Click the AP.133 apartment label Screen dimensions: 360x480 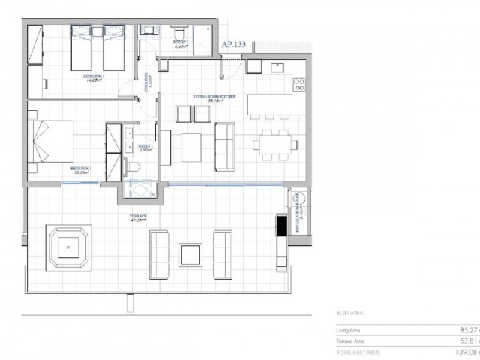[x=234, y=44]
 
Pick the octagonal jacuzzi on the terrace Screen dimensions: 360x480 [x=68, y=247]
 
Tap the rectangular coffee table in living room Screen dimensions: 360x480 [x=191, y=142]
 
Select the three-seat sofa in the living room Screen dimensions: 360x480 [x=223, y=144]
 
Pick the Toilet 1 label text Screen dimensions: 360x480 [x=145, y=147]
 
